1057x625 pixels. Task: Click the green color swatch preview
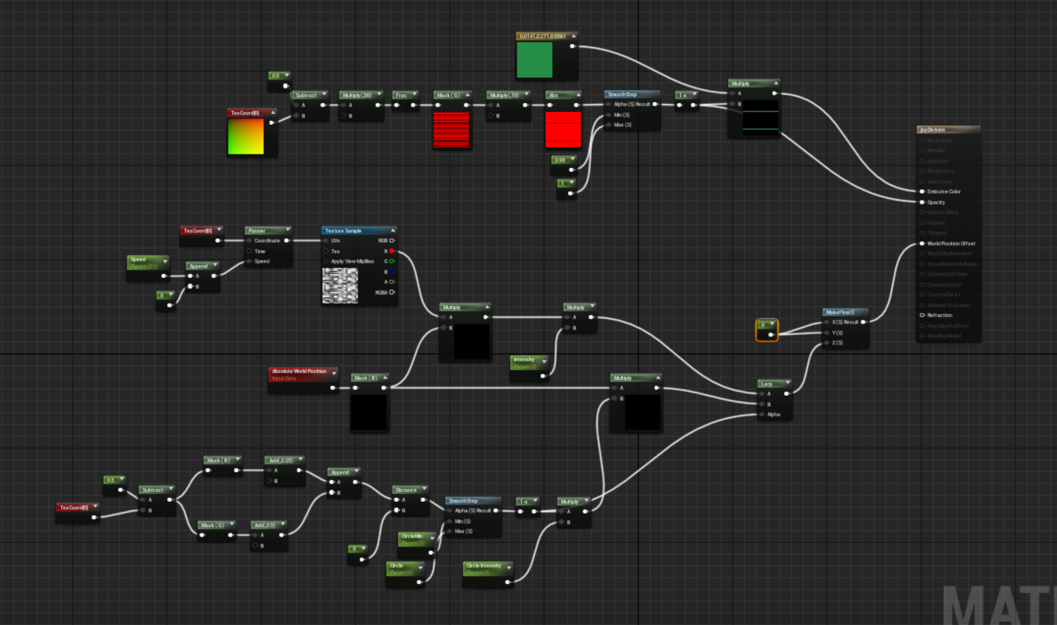pyautogui.click(x=534, y=60)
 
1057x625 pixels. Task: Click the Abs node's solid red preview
pyautogui.click(x=563, y=130)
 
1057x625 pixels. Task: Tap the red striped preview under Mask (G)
pyautogui.click(x=451, y=130)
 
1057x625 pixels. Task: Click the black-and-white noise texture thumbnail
pyautogui.click(x=340, y=285)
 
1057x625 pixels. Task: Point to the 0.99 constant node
pyautogui.click(x=562, y=160)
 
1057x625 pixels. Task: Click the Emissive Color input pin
pyautogui.click(x=922, y=192)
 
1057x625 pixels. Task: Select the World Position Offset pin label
pyautogui.click(x=951, y=243)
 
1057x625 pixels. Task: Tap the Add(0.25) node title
pyautogui.click(x=283, y=460)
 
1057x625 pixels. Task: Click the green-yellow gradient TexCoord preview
pyautogui.click(x=246, y=136)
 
